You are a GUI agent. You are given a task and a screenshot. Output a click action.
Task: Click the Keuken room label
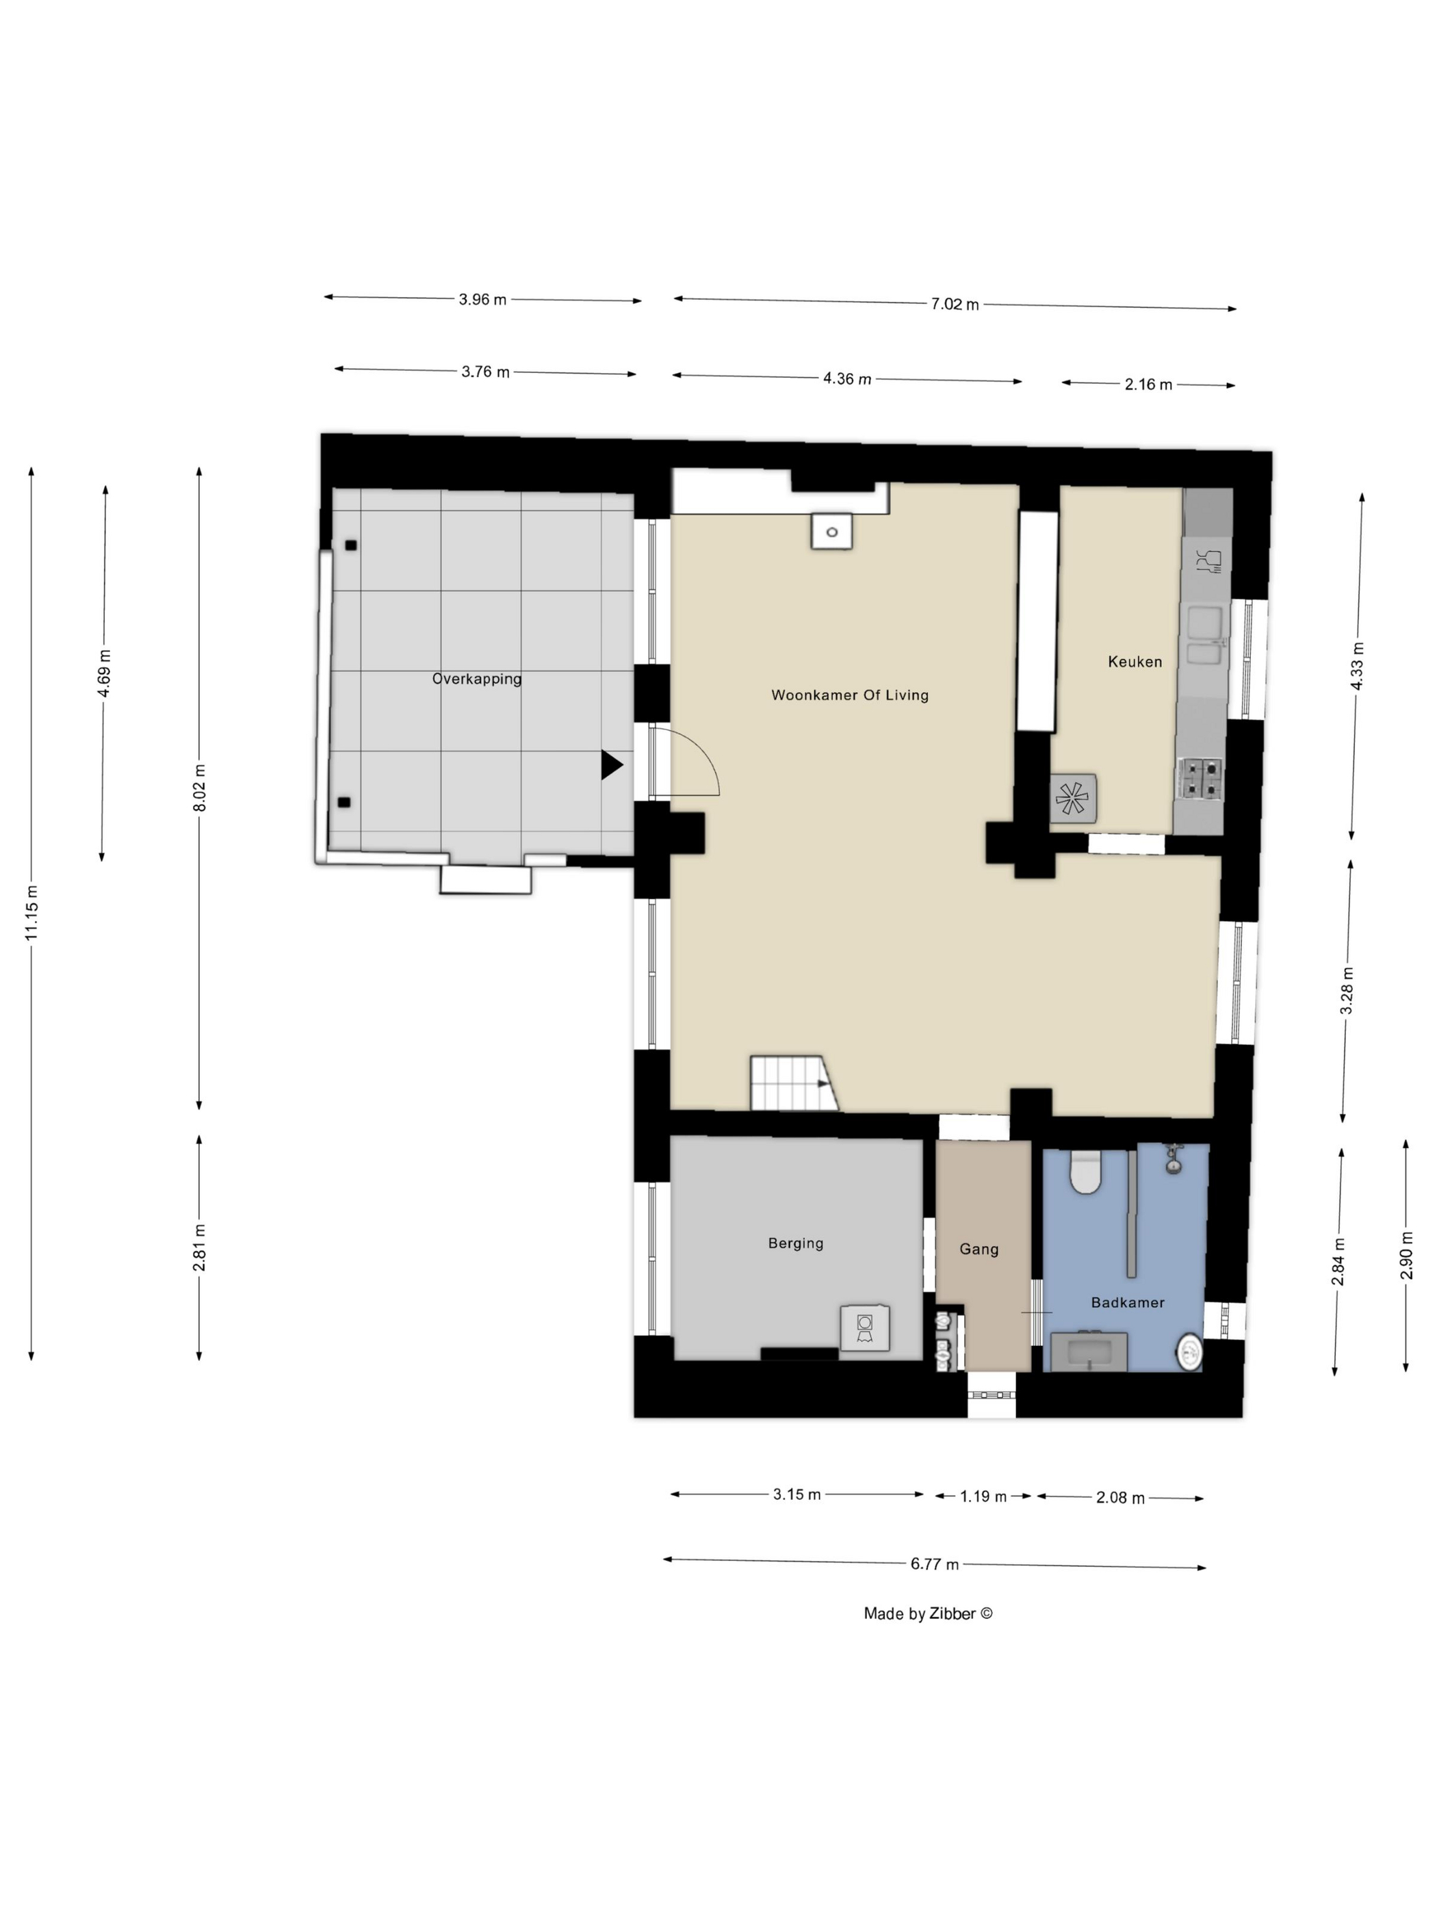click(x=1134, y=662)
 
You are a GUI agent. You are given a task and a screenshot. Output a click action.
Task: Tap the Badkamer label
click(x=1127, y=1302)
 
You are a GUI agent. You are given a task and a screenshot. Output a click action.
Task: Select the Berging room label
click(x=795, y=1244)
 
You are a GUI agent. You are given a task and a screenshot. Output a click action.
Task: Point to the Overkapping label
click(x=476, y=679)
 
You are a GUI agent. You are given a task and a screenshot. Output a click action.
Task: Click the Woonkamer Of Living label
click(x=849, y=695)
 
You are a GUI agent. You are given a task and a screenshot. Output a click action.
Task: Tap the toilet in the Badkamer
click(x=1085, y=1172)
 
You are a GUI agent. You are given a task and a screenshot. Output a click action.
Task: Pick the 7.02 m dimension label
click(x=955, y=304)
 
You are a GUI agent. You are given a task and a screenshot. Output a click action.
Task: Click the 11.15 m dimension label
click(x=31, y=913)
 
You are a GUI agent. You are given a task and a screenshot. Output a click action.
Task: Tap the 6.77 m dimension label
click(x=934, y=1564)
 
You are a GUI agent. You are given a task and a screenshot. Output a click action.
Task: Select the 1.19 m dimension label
click(x=983, y=1497)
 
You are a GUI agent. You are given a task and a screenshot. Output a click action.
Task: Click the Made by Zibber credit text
click(x=928, y=1614)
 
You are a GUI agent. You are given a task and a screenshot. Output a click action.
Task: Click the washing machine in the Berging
click(x=864, y=1327)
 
